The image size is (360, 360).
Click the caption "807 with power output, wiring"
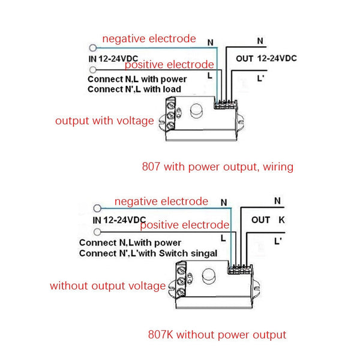[217, 166]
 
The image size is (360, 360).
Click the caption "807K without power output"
[217, 334]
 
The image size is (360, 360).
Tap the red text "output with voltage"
[105, 120]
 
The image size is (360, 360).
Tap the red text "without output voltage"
[108, 286]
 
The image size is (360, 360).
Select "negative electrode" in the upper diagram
[149, 39]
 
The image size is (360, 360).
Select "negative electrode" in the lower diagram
[161, 202]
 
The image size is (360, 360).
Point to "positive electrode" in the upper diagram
[169, 64]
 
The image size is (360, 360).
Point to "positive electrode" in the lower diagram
[185, 225]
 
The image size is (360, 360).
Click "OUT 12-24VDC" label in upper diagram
[266, 58]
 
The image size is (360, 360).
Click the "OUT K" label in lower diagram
[268, 220]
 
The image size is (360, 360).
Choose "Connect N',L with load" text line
[134, 89]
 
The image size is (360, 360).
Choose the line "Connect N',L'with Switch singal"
[148, 254]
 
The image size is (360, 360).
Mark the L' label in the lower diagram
[278, 242]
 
